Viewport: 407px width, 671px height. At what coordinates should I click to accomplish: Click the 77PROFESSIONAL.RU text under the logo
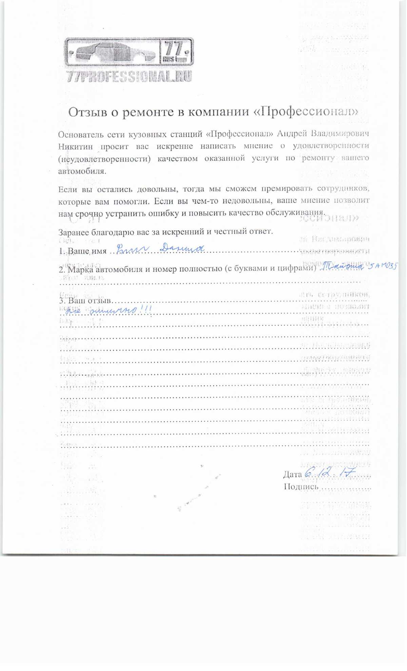129,76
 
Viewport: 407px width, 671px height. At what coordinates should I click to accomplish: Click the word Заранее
74,233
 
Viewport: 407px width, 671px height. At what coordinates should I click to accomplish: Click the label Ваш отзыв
89,301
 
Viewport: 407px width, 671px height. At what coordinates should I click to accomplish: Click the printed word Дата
292,474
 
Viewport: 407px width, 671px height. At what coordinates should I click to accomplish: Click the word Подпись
301,487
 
